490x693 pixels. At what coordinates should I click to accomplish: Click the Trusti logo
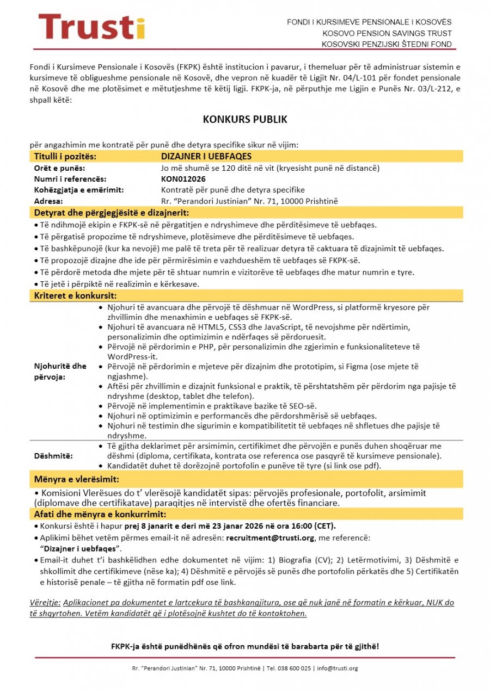pos(91,27)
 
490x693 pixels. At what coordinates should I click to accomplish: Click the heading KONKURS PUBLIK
pos(245,119)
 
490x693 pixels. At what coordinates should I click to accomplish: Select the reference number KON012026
pos(183,179)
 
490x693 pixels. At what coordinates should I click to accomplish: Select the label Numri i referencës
pos(70,179)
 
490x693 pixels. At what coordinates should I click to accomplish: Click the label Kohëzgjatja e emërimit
pos(79,190)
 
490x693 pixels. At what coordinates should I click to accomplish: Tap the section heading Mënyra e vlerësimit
pos(76,479)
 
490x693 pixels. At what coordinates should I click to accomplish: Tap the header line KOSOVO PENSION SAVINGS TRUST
pos(387,33)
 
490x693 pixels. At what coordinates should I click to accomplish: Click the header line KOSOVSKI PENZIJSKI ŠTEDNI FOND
pos(387,44)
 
